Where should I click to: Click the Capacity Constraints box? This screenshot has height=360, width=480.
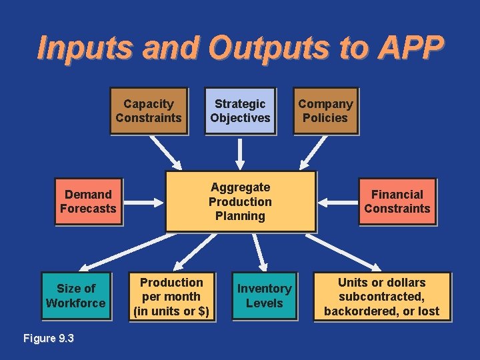(149, 111)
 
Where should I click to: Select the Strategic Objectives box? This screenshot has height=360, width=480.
(240, 111)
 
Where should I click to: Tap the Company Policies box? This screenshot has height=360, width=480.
(325, 111)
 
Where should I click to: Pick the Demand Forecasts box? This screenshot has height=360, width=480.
(88, 201)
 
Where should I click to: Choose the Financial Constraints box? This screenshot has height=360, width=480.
(397, 201)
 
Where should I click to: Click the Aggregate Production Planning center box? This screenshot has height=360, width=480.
(240, 201)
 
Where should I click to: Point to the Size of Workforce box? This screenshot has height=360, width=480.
(76, 296)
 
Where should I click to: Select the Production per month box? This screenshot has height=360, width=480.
(172, 297)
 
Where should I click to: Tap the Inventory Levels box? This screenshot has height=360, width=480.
(265, 296)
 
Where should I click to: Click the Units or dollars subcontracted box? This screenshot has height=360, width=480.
(382, 297)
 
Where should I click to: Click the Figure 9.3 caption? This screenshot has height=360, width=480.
(49, 338)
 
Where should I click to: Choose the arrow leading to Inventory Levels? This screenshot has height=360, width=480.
(259, 251)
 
